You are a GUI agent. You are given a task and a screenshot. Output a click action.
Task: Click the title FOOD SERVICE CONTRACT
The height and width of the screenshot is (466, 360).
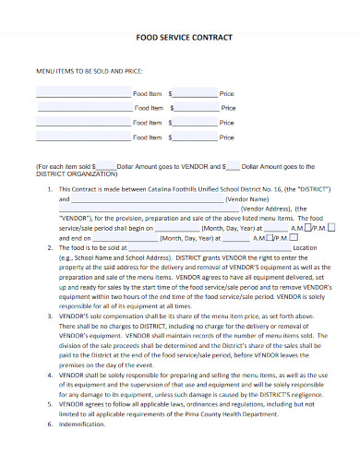[x=181, y=39]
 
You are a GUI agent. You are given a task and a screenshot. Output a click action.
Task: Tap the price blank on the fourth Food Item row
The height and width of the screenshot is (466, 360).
[x=196, y=138]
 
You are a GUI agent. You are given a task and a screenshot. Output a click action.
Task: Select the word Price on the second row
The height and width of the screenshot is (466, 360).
[x=228, y=109]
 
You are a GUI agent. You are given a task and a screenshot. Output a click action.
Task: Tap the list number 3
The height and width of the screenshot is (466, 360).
[x=49, y=316]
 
